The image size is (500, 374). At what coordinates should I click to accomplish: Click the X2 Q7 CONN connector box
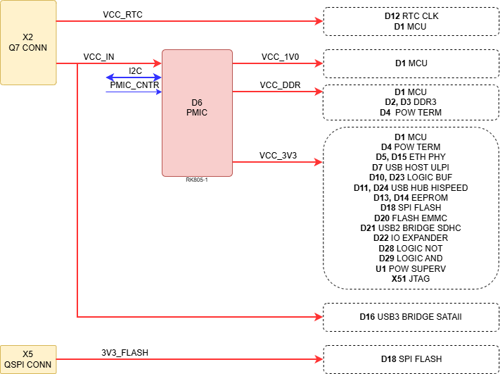pyautogui.click(x=28, y=42)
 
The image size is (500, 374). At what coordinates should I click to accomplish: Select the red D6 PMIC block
pyautogui.click(x=197, y=113)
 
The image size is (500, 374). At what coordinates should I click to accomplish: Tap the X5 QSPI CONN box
pyautogui.click(x=28, y=359)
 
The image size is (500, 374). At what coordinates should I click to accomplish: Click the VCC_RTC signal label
pyautogui.click(x=122, y=15)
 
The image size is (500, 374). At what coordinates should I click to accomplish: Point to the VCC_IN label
pyautogui.click(x=99, y=57)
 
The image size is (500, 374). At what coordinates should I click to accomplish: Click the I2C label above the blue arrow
pyautogui.click(x=135, y=71)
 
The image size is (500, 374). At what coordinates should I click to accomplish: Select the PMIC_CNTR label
pyautogui.click(x=134, y=85)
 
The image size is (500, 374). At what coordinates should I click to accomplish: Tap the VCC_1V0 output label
pyautogui.click(x=281, y=57)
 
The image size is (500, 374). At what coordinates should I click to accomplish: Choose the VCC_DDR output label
pyautogui.click(x=280, y=85)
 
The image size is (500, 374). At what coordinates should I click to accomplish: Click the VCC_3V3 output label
pyautogui.click(x=278, y=156)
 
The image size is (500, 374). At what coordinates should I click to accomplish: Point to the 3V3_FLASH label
pyautogui.click(x=125, y=353)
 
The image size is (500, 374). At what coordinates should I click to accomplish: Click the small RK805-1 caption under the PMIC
pyautogui.click(x=197, y=180)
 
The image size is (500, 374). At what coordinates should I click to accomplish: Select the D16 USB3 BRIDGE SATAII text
pyautogui.click(x=411, y=317)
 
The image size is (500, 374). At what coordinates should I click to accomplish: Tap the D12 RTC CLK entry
pyautogui.click(x=411, y=16)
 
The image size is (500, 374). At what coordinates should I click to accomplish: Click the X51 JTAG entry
pyautogui.click(x=411, y=279)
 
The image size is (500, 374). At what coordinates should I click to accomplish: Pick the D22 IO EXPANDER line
pyautogui.click(x=411, y=238)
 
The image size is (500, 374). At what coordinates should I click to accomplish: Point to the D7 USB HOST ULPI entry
pyautogui.click(x=411, y=167)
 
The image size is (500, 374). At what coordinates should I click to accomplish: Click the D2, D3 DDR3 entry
pyautogui.click(x=411, y=102)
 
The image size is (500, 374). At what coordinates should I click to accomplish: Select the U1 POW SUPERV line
pyautogui.click(x=411, y=268)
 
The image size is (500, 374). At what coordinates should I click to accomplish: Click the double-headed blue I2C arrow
pyautogui.click(x=134, y=77)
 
